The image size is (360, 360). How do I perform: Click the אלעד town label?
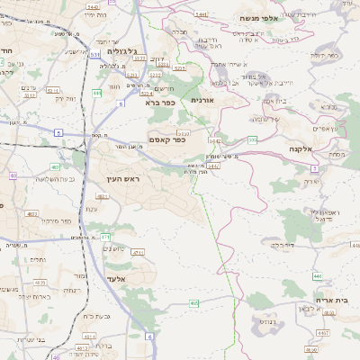pyautogui.click(x=120, y=266)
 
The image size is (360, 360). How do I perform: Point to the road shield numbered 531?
pyautogui.click(x=95, y=55)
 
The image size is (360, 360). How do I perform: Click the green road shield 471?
pyautogui.click(x=105, y=237)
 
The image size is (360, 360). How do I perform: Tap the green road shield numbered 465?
pyautogui.click(x=193, y=303)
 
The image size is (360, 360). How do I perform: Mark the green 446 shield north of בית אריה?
pyautogui.click(x=317, y=274)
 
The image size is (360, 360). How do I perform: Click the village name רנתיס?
pyautogui.click(x=271, y=319)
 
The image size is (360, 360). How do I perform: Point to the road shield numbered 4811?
pyautogui.click(x=80, y=346)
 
